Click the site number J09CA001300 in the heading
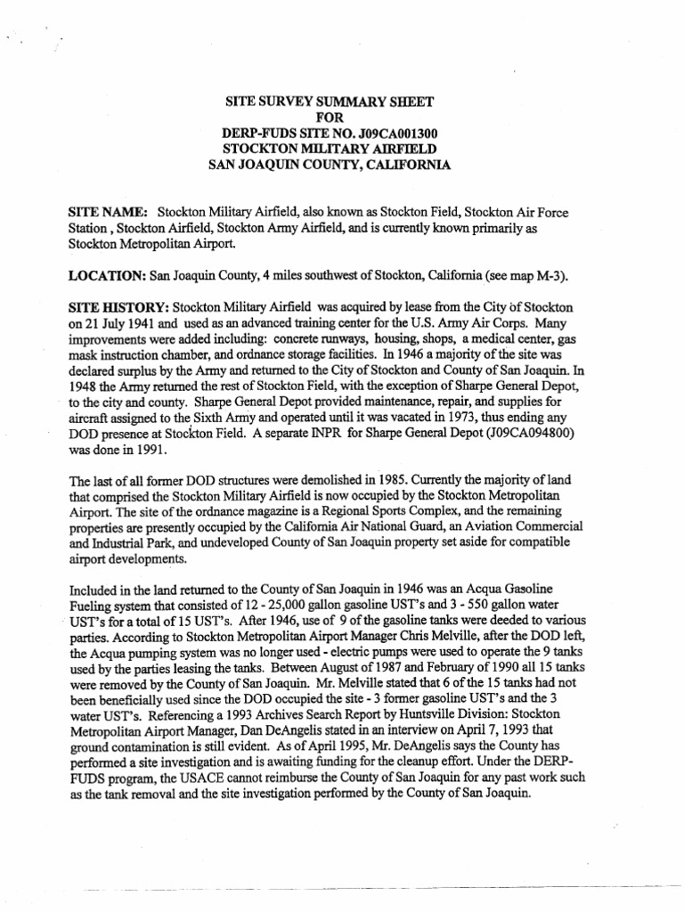pos(395,133)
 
